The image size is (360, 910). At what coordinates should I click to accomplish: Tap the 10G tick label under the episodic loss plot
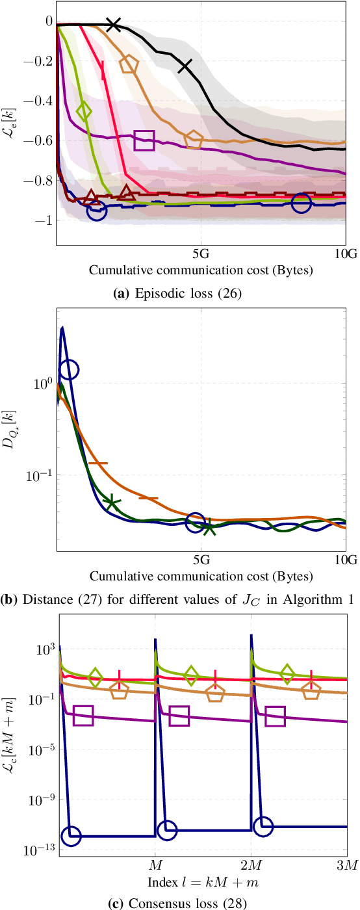pos(344,253)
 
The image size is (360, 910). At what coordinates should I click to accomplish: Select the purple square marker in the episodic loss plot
pos(145,140)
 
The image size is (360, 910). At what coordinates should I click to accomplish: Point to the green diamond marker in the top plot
pos(84,110)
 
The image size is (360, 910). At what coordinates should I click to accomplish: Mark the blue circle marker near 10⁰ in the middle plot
pos(69,369)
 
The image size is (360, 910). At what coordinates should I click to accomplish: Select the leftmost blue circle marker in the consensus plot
pos(71,836)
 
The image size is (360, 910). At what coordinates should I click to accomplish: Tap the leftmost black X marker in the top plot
pos(114,25)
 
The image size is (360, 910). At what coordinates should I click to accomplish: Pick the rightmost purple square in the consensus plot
pos(276,716)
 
